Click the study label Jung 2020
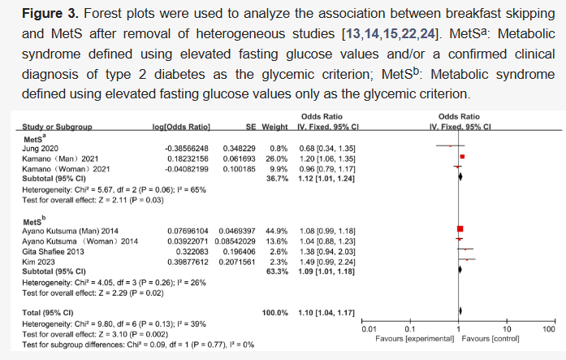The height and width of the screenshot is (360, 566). click(38, 147)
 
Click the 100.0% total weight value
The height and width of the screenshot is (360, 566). click(274, 310)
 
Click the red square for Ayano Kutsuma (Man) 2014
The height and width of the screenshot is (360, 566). click(460, 231)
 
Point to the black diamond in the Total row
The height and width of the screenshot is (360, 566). click(461, 310)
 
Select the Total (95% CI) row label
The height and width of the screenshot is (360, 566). click(46, 310)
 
